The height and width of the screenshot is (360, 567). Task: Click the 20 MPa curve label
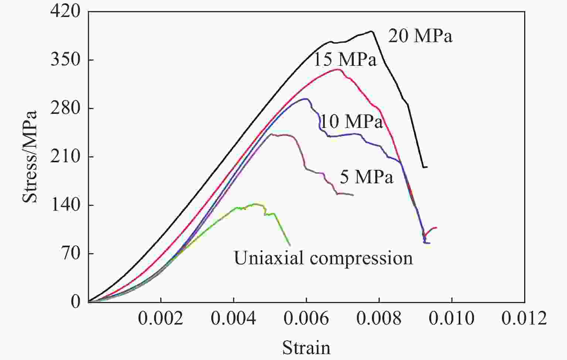tap(420, 36)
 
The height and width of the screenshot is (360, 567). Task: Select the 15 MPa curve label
tap(345, 60)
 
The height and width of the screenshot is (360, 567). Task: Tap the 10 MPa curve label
tap(351, 121)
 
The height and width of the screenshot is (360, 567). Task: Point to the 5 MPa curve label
tap(366, 177)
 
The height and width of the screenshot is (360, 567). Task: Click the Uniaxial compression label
tap(323, 258)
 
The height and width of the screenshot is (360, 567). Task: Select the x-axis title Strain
tap(306, 347)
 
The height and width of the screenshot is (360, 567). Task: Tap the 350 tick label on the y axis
tap(65, 60)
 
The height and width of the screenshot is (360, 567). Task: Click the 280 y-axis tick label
tap(65, 108)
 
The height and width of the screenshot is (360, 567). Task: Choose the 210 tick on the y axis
tap(65, 157)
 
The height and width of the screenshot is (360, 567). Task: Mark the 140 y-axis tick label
tap(65, 205)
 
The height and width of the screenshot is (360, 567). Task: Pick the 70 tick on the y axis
tap(70, 254)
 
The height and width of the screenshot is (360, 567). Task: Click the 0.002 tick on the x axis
tap(161, 318)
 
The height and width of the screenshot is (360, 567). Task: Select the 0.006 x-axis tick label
tap(306, 318)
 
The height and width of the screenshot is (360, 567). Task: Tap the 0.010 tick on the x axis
tap(451, 318)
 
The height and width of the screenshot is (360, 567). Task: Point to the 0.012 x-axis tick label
tap(524, 318)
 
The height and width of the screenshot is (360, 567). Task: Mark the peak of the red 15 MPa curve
tap(337, 69)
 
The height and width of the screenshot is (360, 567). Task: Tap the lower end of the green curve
tap(290, 245)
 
